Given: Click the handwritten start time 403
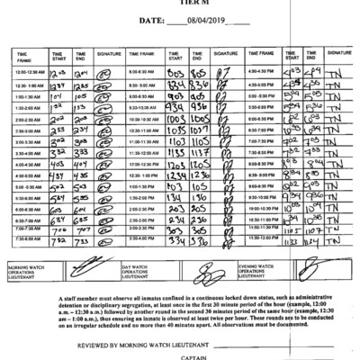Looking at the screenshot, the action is click(57, 165).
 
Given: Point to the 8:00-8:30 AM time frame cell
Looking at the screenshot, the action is click(144, 69).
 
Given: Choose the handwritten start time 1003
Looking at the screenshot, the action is click(175, 117).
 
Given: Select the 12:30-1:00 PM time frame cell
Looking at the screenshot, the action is click(144, 176).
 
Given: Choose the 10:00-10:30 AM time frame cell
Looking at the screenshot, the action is click(144, 117).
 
